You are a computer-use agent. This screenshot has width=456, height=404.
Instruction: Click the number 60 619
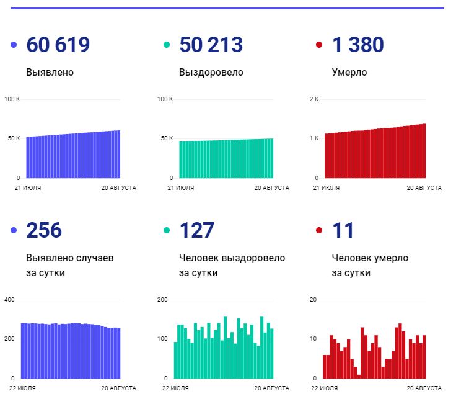[x=58, y=45]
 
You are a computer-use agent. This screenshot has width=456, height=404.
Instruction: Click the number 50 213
[x=211, y=45]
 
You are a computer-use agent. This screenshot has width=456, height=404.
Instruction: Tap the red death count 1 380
[x=358, y=45]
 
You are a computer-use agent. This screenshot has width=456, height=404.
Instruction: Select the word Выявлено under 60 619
[x=50, y=72]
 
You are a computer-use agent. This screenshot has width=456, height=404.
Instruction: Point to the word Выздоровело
[x=211, y=72]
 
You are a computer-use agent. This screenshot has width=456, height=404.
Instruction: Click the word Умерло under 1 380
[x=349, y=72]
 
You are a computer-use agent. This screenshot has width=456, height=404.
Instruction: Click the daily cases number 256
[x=44, y=230]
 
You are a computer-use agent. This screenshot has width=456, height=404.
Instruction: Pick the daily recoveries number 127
[x=196, y=230]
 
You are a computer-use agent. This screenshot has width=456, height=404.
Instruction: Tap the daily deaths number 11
[x=343, y=230]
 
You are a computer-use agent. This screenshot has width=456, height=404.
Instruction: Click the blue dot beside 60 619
[x=14, y=45]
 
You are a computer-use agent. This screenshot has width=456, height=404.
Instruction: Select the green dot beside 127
[x=166, y=230]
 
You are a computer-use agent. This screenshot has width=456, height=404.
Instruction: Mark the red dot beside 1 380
[x=319, y=45]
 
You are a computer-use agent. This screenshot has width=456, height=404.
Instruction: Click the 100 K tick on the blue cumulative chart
[x=12, y=99]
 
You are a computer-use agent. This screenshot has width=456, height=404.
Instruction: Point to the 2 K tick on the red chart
[x=313, y=99]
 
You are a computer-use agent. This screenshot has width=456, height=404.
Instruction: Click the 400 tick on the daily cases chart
[x=9, y=300]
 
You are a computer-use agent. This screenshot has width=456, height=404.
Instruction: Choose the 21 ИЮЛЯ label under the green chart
[x=181, y=187]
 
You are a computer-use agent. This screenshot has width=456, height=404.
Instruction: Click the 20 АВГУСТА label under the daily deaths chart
[x=424, y=388]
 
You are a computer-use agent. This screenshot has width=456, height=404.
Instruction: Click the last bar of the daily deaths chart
[x=424, y=356]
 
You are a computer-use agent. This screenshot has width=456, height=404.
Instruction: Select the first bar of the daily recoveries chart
[x=175, y=360]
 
